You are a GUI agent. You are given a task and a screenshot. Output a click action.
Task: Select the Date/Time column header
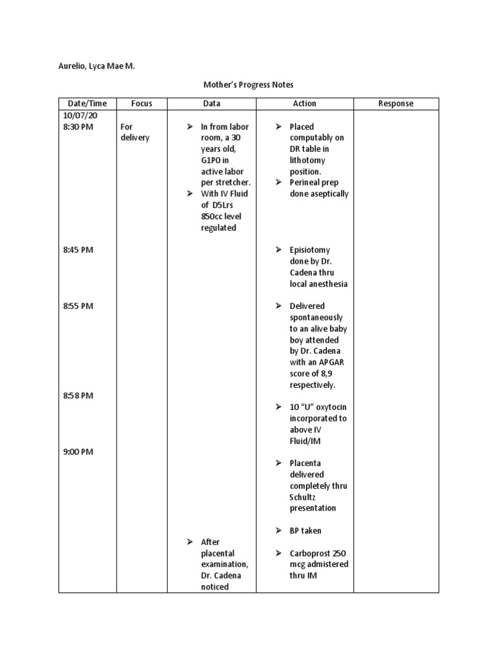click(87, 103)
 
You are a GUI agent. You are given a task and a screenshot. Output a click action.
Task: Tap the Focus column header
click(141, 103)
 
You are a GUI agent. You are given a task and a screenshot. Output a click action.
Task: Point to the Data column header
click(212, 103)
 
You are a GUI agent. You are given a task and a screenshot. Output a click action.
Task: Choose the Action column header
click(305, 103)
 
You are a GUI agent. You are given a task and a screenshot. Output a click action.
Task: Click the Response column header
click(396, 103)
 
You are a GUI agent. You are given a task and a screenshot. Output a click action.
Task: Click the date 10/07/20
click(79, 115)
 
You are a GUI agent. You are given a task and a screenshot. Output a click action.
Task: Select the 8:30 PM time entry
click(78, 127)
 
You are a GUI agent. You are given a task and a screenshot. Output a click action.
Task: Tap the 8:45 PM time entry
click(78, 250)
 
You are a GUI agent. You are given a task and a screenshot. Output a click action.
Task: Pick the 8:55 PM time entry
click(78, 306)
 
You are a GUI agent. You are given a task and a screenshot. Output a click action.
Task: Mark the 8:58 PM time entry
click(78, 395)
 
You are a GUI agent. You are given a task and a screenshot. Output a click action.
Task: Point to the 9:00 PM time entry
click(78, 451)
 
